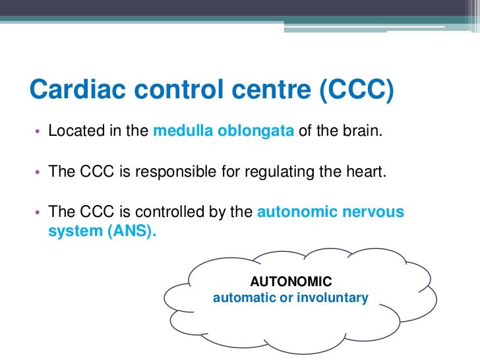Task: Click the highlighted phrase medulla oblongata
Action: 224,131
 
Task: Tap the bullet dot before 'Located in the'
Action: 38,131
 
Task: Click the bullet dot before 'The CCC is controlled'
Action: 38,213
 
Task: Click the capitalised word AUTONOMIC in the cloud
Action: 291,282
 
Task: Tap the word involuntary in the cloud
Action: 332,298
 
